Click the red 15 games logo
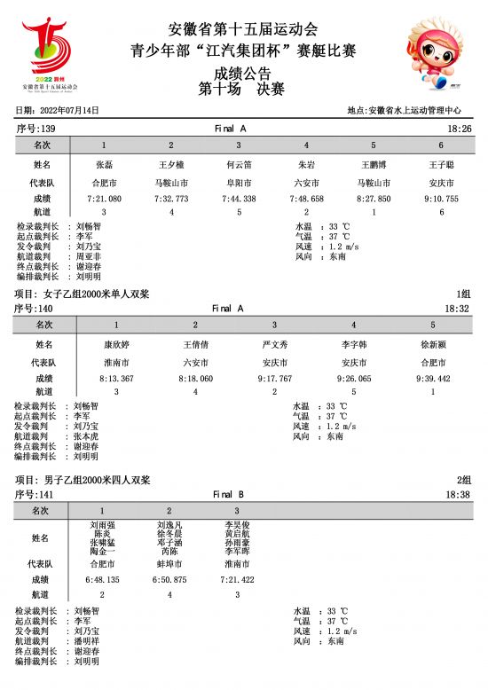[x=49, y=53]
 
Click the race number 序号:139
[x=35, y=129]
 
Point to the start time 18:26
[x=460, y=129]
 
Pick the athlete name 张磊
[x=104, y=165]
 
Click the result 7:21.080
[x=104, y=199]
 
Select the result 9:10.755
[x=441, y=199]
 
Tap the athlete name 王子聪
[x=441, y=165]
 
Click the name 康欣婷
[x=116, y=344]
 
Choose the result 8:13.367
[x=116, y=378]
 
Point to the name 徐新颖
[x=433, y=344]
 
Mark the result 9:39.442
[x=433, y=378]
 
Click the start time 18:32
[x=457, y=309]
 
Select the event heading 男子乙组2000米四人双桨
[x=97, y=480]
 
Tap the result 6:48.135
[x=102, y=579]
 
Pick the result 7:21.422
[x=237, y=579]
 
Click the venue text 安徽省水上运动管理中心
[x=413, y=111]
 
